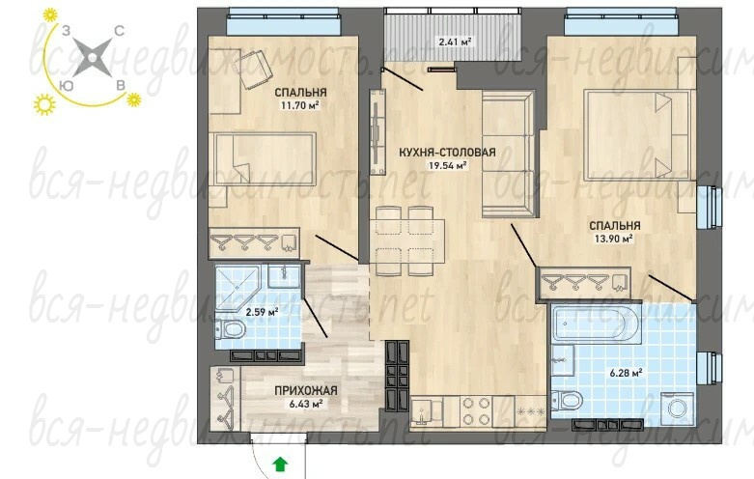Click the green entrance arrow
(x=280, y=465)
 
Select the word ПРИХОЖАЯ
(x=306, y=391)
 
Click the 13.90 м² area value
(x=614, y=239)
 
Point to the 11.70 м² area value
(x=300, y=105)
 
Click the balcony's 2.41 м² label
(x=455, y=42)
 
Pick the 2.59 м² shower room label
(x=262, y=313)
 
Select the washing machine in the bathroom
(x=676, y=409)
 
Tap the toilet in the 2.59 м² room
(x=231, y=330)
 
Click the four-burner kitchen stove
(x=476, y=411)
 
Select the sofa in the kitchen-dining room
(x=508, y=154)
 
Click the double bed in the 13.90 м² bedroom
(x=639, y=135)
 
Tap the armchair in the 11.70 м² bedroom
(x=255, y=70)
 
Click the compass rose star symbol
(x=92, y=58)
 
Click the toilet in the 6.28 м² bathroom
(x=568, y=399)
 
